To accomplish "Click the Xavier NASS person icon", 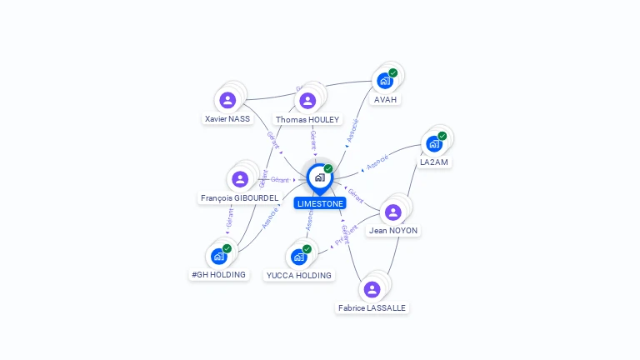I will [x=227, y=100].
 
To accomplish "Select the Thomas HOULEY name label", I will [x=307, y=119].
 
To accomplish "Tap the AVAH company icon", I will [x=385, y=81].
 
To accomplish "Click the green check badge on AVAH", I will [x=393, y=72].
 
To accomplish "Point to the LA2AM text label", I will [x=434, y=162].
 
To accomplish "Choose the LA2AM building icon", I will [x=433, y=143].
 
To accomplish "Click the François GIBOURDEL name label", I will [x=239, y=197].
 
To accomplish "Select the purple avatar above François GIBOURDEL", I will [x=240, y=178].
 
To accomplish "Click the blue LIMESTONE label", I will [x=320, y=203].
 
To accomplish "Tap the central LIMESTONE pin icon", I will [x=319, y=177].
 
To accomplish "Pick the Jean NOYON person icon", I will [x=393, y=212].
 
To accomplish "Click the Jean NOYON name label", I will [x=393, y=231].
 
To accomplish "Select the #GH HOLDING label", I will [x=219, y=274].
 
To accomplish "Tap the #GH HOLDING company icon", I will [x=219, y=256].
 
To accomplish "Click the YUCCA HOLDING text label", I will [x=298, y=275].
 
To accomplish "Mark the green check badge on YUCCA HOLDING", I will [x=307, y=248].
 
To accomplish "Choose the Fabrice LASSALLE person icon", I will [x=372, y=288].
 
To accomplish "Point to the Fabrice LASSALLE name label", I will [x=372, y=307].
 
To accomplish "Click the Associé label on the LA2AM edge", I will [x=377, y=161].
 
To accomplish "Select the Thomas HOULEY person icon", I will [x=307, y=100].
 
